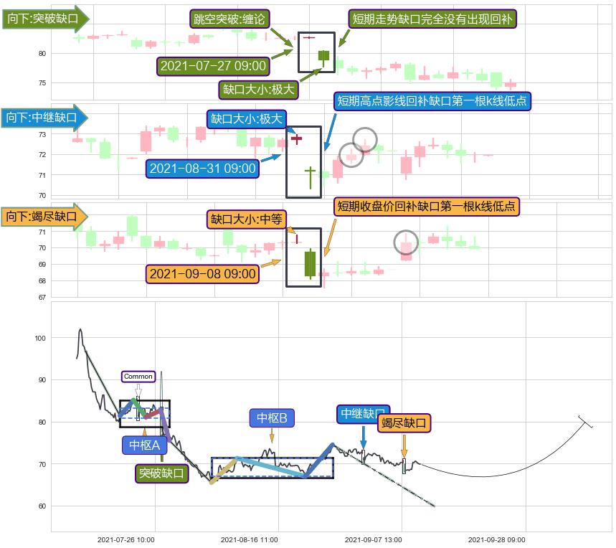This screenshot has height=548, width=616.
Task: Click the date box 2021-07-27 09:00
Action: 213,66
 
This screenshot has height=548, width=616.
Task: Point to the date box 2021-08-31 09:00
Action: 203,169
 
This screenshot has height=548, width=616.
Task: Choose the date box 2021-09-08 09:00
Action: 203,273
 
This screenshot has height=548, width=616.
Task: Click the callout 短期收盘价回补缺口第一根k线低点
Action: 427,207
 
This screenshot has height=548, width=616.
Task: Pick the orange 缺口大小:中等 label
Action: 247,219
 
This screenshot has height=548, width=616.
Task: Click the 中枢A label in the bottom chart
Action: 144,445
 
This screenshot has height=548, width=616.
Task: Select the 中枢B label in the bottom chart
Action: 273,417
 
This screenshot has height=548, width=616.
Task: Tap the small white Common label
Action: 138,377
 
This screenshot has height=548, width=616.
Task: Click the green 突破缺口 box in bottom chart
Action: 162,473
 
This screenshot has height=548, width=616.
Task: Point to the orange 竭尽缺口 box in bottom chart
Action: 404,423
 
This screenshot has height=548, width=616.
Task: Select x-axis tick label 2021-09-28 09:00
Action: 496,539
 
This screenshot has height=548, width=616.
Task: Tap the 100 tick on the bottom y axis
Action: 39,338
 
